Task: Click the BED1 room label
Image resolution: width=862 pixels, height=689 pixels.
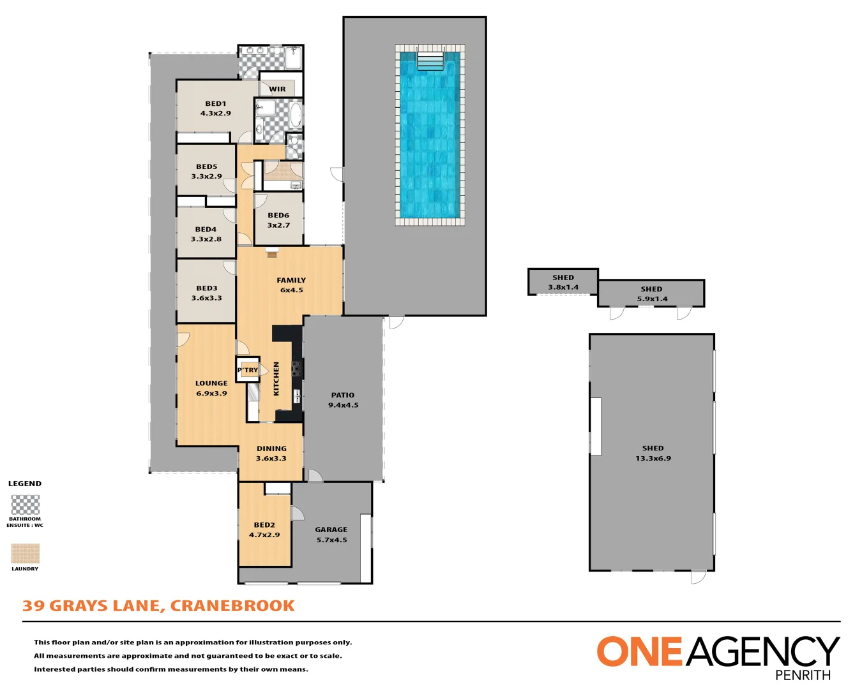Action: coord(215,103)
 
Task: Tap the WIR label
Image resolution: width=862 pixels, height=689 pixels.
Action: coord(277,89)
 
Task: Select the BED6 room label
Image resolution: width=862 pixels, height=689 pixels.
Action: coord(278,216)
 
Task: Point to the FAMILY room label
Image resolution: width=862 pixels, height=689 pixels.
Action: coord(291,280)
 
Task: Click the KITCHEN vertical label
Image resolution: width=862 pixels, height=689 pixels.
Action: coord(276,378)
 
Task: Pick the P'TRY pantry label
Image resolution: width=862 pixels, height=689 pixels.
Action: coord(248,370)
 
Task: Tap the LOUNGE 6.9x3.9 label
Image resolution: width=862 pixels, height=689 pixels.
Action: coord(211,389)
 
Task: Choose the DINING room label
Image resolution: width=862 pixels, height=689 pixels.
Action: coord(271,448)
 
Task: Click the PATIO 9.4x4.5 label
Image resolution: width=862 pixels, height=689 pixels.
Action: coord(343,400)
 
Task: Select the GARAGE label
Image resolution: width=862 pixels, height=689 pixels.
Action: coord(331,530)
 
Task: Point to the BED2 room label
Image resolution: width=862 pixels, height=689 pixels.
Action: coord(264,525)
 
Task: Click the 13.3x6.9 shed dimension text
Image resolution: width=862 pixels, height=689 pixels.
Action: coord(653,459)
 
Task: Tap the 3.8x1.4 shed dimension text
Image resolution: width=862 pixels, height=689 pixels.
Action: coord(563,287)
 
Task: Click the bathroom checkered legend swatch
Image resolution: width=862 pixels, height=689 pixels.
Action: coord(26,505)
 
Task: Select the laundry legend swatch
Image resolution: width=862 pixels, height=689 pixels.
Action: coord(26,553)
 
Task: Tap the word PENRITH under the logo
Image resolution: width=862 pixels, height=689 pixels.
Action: coord(803,675)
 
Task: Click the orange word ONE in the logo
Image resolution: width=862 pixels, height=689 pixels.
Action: coord(639,652)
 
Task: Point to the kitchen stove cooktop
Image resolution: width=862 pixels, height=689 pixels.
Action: coord(296,368)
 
